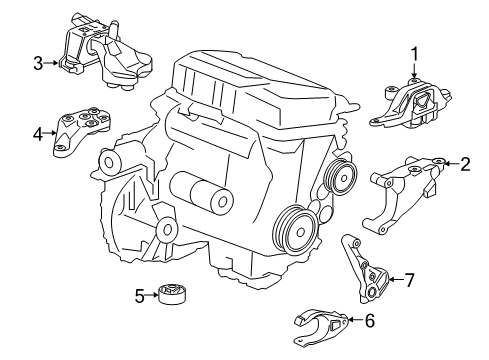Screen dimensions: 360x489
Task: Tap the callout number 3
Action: pyautogui.click(x=38, y=65)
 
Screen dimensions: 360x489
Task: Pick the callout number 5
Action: pyautogui.click(x=141, y=294)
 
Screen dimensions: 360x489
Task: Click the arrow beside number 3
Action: pyautogui.click(x=52, y=65)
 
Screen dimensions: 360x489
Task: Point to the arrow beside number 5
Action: pyautogui.click(x=155, y=294)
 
